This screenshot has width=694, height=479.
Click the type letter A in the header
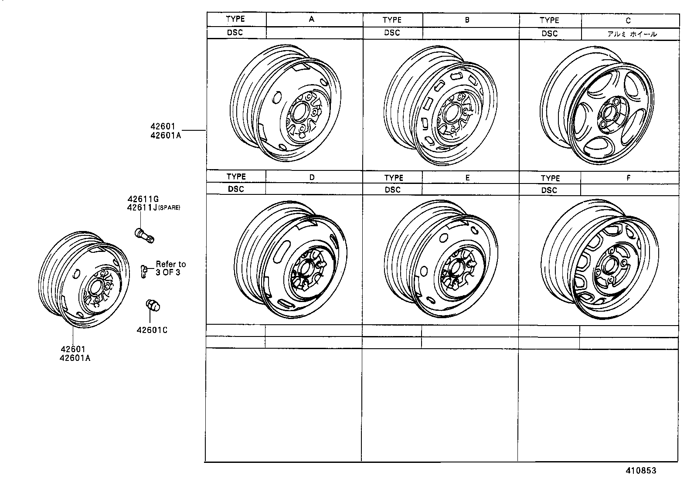[x=311, y=19]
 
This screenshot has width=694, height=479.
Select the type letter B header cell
[x=467, y=20]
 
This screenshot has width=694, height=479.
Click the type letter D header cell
[x=312, y=177]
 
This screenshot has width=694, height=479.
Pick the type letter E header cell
[x=467, y=178]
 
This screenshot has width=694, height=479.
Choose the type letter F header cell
[x=628, y=178]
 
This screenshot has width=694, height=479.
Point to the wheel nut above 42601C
[x=152, y=306]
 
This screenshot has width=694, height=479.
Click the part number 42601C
[x=152, y=330]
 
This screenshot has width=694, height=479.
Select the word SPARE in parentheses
[x=169, y=208]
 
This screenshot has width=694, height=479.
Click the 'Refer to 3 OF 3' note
[x=170, y=268]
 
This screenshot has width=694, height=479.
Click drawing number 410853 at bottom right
[x=641, y=471]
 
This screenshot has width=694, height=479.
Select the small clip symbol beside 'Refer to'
[x=143, y=270]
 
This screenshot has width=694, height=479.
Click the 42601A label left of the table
[x=166, y=135]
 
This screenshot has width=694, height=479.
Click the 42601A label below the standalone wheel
[x=76, y=358]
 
